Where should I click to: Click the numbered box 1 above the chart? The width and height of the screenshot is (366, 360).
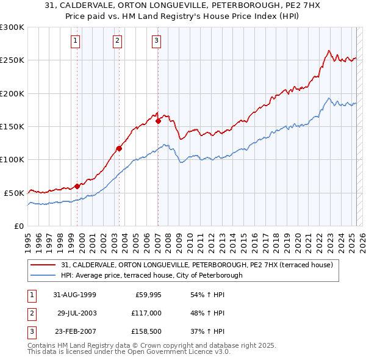point(75,41)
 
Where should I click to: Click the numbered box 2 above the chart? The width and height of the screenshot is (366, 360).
point(117,41)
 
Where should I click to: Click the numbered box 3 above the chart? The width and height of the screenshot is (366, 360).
point(156,41)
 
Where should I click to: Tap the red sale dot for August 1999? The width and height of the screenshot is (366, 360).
point(77,186)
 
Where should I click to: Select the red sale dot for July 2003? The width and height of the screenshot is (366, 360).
point(120,148)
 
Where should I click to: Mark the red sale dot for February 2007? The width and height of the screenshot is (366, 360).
point(158,121)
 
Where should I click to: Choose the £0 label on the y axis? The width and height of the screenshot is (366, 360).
point(19,226)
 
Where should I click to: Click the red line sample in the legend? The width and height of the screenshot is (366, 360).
point(45,265)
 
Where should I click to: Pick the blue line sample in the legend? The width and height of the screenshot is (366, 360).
point(45,275)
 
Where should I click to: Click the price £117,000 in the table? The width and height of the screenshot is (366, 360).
point(145,313)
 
